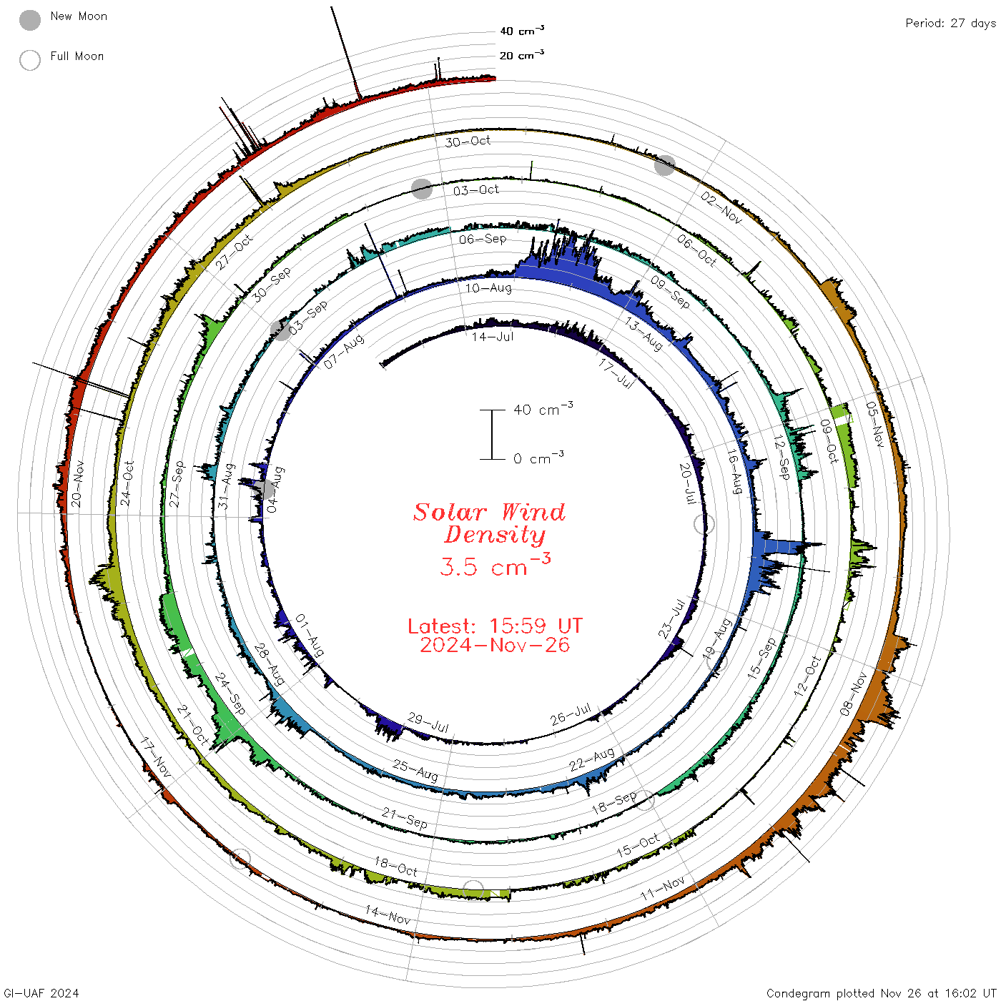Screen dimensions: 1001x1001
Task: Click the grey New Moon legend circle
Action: [30, 20]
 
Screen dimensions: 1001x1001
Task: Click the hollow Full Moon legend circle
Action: [30, 60]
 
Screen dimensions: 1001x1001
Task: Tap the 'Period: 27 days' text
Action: [950, 24]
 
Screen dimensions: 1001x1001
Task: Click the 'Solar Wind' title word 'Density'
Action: [495, 535]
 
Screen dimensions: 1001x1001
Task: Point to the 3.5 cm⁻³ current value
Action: [495, 566]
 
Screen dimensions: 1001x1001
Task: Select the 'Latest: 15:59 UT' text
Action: [495, 626]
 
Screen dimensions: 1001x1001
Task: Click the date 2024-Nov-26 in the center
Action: [495, 645]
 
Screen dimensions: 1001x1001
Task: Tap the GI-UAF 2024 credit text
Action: [41, 993]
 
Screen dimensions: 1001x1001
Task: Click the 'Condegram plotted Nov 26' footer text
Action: [841, 993]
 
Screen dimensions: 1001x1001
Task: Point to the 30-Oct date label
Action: [468, 142]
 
